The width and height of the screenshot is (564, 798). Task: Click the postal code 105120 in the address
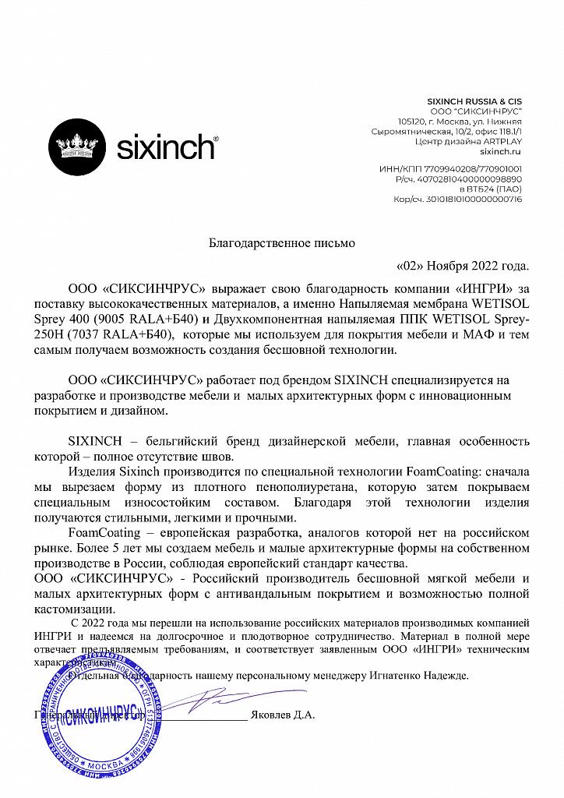412,122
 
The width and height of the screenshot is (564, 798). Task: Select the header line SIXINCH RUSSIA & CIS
475,101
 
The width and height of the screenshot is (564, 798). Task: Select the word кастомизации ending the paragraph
70,609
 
